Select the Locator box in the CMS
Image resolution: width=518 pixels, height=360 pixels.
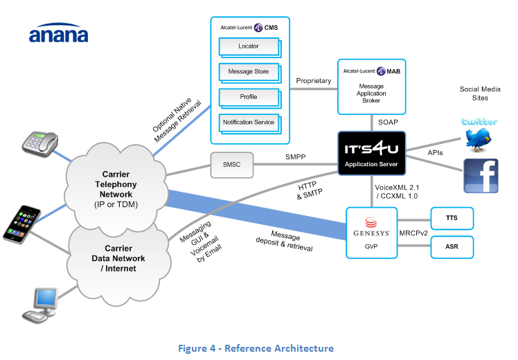pyautogui.click(x=248, y=46)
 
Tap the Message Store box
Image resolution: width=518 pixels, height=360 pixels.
pyautogui.click(x=248, y=71)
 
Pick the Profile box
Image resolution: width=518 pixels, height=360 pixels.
pyautogui.click(x=248, y=97)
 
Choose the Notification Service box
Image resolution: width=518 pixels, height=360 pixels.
pyautogui.click(x=248, y=123)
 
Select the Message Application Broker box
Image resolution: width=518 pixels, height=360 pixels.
pyautogui.click(x=371, y=87)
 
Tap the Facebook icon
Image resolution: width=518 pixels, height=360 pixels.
pyautogui.click(x=481, y=176)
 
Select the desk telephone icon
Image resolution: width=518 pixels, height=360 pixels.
pyautogui.click(x=40, y=141)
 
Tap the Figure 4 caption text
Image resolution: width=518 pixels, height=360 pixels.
pyautogui.click(x=258, y=348)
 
